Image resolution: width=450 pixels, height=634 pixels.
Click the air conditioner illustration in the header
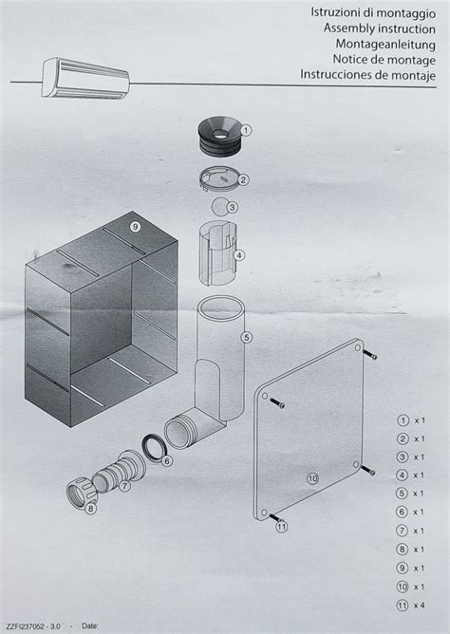[85, 79]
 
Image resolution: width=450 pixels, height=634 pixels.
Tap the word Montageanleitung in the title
[385, 44]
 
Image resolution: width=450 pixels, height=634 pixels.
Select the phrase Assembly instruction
[379, 28]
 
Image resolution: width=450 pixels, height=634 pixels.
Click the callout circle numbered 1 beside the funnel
[246, 130]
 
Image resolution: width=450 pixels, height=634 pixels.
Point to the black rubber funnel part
[219, 137]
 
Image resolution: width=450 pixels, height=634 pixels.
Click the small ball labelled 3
[220, 207]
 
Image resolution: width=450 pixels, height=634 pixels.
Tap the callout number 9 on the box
[136, 227]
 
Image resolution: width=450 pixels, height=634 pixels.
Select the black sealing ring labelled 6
[153, 447]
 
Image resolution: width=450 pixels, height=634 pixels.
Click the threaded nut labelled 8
[80, 491]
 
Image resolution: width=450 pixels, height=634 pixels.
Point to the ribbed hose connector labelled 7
[119, 471]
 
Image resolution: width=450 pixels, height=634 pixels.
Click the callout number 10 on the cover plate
[312, 478]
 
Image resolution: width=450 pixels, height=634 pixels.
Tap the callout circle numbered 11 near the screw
[281, 527]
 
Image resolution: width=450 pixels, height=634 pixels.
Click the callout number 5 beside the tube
[246, 337]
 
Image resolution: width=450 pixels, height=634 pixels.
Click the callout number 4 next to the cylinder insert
[239, 255]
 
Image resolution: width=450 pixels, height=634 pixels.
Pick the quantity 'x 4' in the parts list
[419, 606]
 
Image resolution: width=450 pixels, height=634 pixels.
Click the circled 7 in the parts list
[402, 531]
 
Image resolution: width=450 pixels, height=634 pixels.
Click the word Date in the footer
[90, 625]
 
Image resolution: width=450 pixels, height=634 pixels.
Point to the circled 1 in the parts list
[403, 420]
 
